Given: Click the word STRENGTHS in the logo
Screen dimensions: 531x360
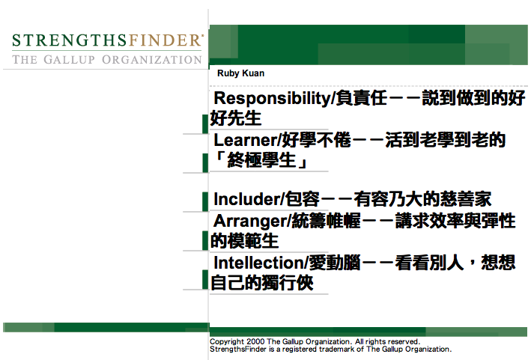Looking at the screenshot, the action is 70,40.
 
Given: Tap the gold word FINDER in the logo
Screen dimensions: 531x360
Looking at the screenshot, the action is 164,40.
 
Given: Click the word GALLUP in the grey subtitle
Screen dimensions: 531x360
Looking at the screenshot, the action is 69,60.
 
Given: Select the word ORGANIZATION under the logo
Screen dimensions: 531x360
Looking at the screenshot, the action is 152,60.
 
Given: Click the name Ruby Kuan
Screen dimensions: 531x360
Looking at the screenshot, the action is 240,73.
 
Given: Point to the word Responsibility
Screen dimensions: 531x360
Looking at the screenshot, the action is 272,99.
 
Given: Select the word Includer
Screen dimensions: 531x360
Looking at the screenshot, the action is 246,199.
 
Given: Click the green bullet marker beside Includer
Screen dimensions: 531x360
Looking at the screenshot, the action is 205,201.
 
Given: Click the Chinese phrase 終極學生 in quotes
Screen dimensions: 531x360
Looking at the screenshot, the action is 261,159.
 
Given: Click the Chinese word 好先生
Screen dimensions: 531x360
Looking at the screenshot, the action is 236,118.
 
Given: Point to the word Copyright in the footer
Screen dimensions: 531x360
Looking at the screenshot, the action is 227,342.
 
